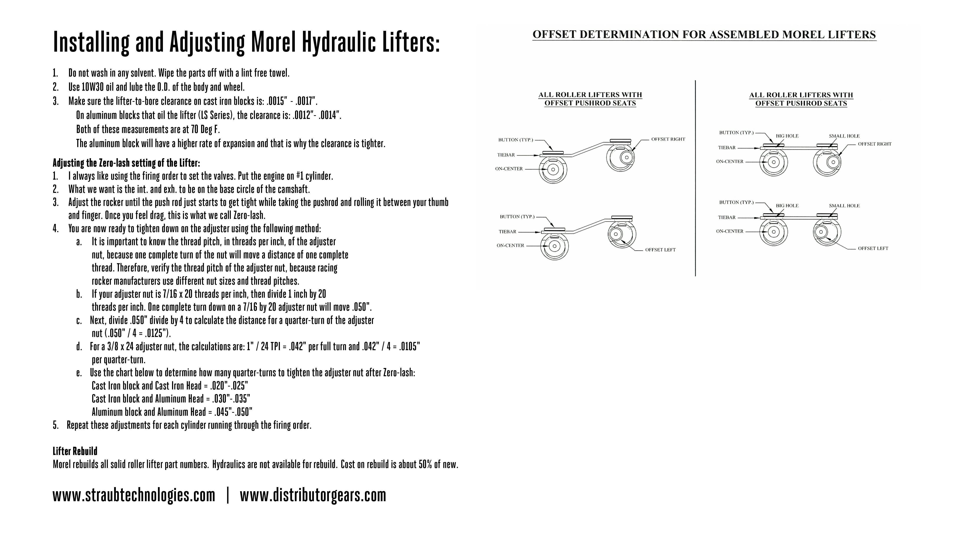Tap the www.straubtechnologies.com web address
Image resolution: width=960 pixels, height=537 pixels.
point(134,495)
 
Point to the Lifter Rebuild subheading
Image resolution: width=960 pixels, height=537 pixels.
point(75,451)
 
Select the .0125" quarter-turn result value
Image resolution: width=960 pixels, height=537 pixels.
point(157,333)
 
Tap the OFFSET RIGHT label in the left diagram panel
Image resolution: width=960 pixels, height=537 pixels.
point(668,139)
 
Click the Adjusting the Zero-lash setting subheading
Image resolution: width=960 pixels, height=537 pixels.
point(126,163)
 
